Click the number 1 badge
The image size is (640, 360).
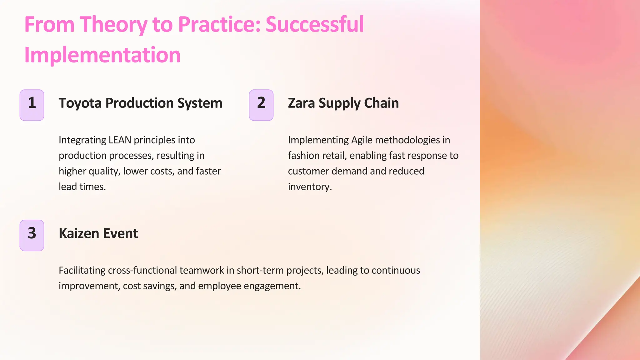[x=32, y=105]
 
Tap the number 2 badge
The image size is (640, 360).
[x=261, y=105]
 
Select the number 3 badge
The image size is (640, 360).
[x=32, y=235]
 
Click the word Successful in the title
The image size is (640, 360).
[x=315, y=24]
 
